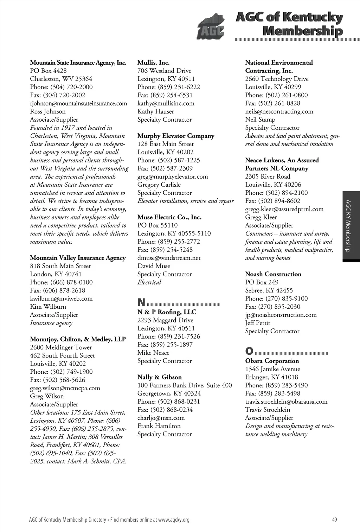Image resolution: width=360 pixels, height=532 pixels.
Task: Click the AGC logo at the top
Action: pyautogui.click(x=210, y=27)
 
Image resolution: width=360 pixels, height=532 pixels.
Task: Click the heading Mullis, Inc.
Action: pyautogui.click(x=153, y=63)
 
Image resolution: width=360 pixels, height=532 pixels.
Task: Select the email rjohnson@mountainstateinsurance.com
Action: pyautogui.click(x=78, y=103)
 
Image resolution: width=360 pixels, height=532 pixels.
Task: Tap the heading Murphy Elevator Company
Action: pyautogui.click(x=176, y=136)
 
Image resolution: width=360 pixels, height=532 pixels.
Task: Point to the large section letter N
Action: pyautogui.click(x=141, y=302)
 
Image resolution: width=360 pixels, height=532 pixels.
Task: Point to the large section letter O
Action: pyautogui.click(x=249, y=351)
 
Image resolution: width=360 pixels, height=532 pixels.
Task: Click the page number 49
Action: pyautogui.click(x=334, y=520)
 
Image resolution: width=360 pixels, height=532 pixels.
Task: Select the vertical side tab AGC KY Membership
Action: pyautogui.click(x=348, y=226)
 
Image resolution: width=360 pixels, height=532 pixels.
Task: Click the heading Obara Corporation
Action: pyautogui.click(x=272, y=361)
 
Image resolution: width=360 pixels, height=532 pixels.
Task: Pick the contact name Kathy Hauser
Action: pyautogui.click(x=155, y=111)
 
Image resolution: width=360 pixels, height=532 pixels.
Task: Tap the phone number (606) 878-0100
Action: pyautogui.click(x=71, y=282)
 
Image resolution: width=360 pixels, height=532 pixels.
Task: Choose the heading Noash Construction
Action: pyautogui.click(x=273, y=274)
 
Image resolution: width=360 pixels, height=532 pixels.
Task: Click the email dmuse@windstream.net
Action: pyautogui.click(x=169, y=258)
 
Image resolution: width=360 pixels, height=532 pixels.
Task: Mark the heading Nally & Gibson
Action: pyautogui.click(x=160, y=377)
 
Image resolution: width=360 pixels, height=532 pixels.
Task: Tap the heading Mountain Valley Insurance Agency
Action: pyautogui.click(x=78, y=258)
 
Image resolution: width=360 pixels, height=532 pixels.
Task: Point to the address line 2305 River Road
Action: pyautogui.click(x=268, y=177)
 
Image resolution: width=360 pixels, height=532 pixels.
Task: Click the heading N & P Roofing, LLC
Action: pyautogui.click(x=167, y=312)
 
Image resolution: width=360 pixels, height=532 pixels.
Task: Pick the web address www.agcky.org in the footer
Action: pyautogui.click(x=174, y=520)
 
